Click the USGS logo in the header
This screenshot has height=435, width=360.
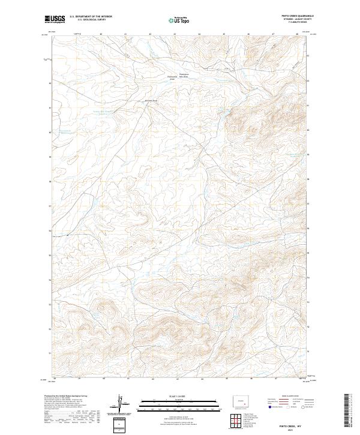click(x=54, y=19)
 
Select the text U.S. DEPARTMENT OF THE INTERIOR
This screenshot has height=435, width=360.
click(x=91, y=17)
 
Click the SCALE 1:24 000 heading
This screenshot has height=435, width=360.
click(x=180, y=397)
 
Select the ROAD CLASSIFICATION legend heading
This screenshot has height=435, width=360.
click(x=292, y=397)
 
